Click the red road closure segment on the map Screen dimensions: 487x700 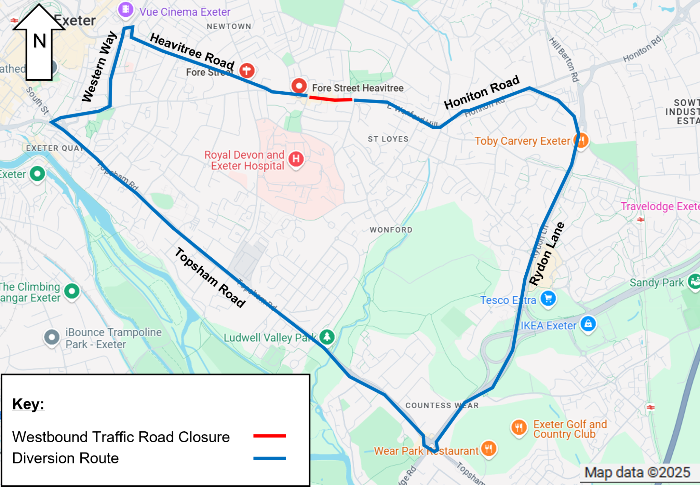tap(331, 99)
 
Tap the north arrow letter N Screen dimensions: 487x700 tap(39, 41)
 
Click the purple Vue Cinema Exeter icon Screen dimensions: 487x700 tap(125, 10)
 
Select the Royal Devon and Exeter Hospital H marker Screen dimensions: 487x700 tap(296, 159)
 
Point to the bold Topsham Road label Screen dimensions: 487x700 tap(210, 278)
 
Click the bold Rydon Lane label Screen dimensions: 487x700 tap(547, 253)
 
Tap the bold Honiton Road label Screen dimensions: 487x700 tap(482, 92)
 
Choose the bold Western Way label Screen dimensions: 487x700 tap(99, 67)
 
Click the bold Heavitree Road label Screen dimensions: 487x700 tap(192, 51)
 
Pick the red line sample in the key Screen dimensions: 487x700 tap(269, 436)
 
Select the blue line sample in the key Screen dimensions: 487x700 tap(269, 458)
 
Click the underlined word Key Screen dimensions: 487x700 tap(28, 404)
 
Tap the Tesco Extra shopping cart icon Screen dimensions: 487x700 tap(548, 299)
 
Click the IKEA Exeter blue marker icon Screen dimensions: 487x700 tap(588, 323)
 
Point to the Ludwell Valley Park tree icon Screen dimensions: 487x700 tap(327, 337)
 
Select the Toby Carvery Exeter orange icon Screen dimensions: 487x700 tap(581, 140)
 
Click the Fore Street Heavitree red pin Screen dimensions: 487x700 tap(299, 85)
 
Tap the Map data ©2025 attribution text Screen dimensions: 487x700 tap(637, 473)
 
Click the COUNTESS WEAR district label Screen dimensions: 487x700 tap(442, 406)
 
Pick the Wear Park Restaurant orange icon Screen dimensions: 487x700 tap(489, 449)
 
